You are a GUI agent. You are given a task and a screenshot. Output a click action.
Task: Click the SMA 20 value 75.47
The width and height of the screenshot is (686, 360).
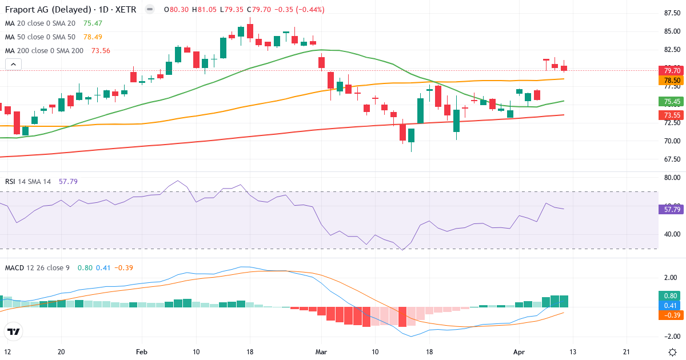point(93,23)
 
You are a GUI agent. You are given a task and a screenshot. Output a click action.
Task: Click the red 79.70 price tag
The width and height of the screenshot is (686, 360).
point(672,70)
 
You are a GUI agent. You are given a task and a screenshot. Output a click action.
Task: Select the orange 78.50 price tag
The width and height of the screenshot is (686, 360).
point(672,81)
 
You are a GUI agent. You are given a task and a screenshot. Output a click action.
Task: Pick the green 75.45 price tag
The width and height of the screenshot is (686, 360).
point(672,102)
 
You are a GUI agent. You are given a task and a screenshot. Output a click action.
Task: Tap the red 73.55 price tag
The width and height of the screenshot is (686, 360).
point(672,115)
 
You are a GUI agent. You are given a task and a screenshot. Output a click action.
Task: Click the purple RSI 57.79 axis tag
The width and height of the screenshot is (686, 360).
point(672,210)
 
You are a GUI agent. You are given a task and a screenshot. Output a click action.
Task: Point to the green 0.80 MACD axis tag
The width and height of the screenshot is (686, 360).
point(672,296)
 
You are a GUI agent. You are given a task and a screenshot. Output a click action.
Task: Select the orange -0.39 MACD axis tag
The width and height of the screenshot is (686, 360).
point(672,315)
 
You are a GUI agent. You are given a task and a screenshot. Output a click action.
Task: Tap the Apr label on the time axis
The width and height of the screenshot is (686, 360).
point(519,351)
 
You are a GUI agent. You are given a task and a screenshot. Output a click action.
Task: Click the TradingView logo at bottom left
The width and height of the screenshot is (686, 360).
point(14,331)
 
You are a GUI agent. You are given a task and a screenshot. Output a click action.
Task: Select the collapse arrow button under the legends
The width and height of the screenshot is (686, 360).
point(13,65)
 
